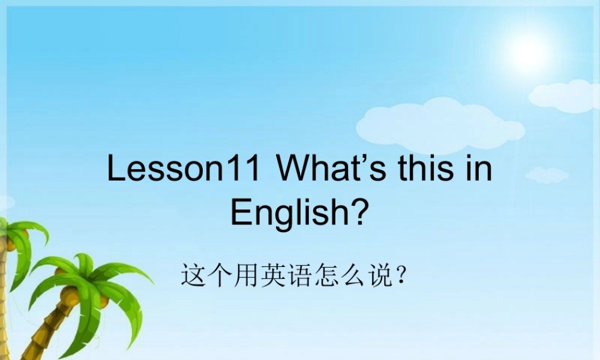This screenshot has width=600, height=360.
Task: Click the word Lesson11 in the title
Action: point(184,169)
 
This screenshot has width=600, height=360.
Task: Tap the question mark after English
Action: point(359,212)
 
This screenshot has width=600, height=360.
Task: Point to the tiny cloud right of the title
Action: point(546,175)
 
